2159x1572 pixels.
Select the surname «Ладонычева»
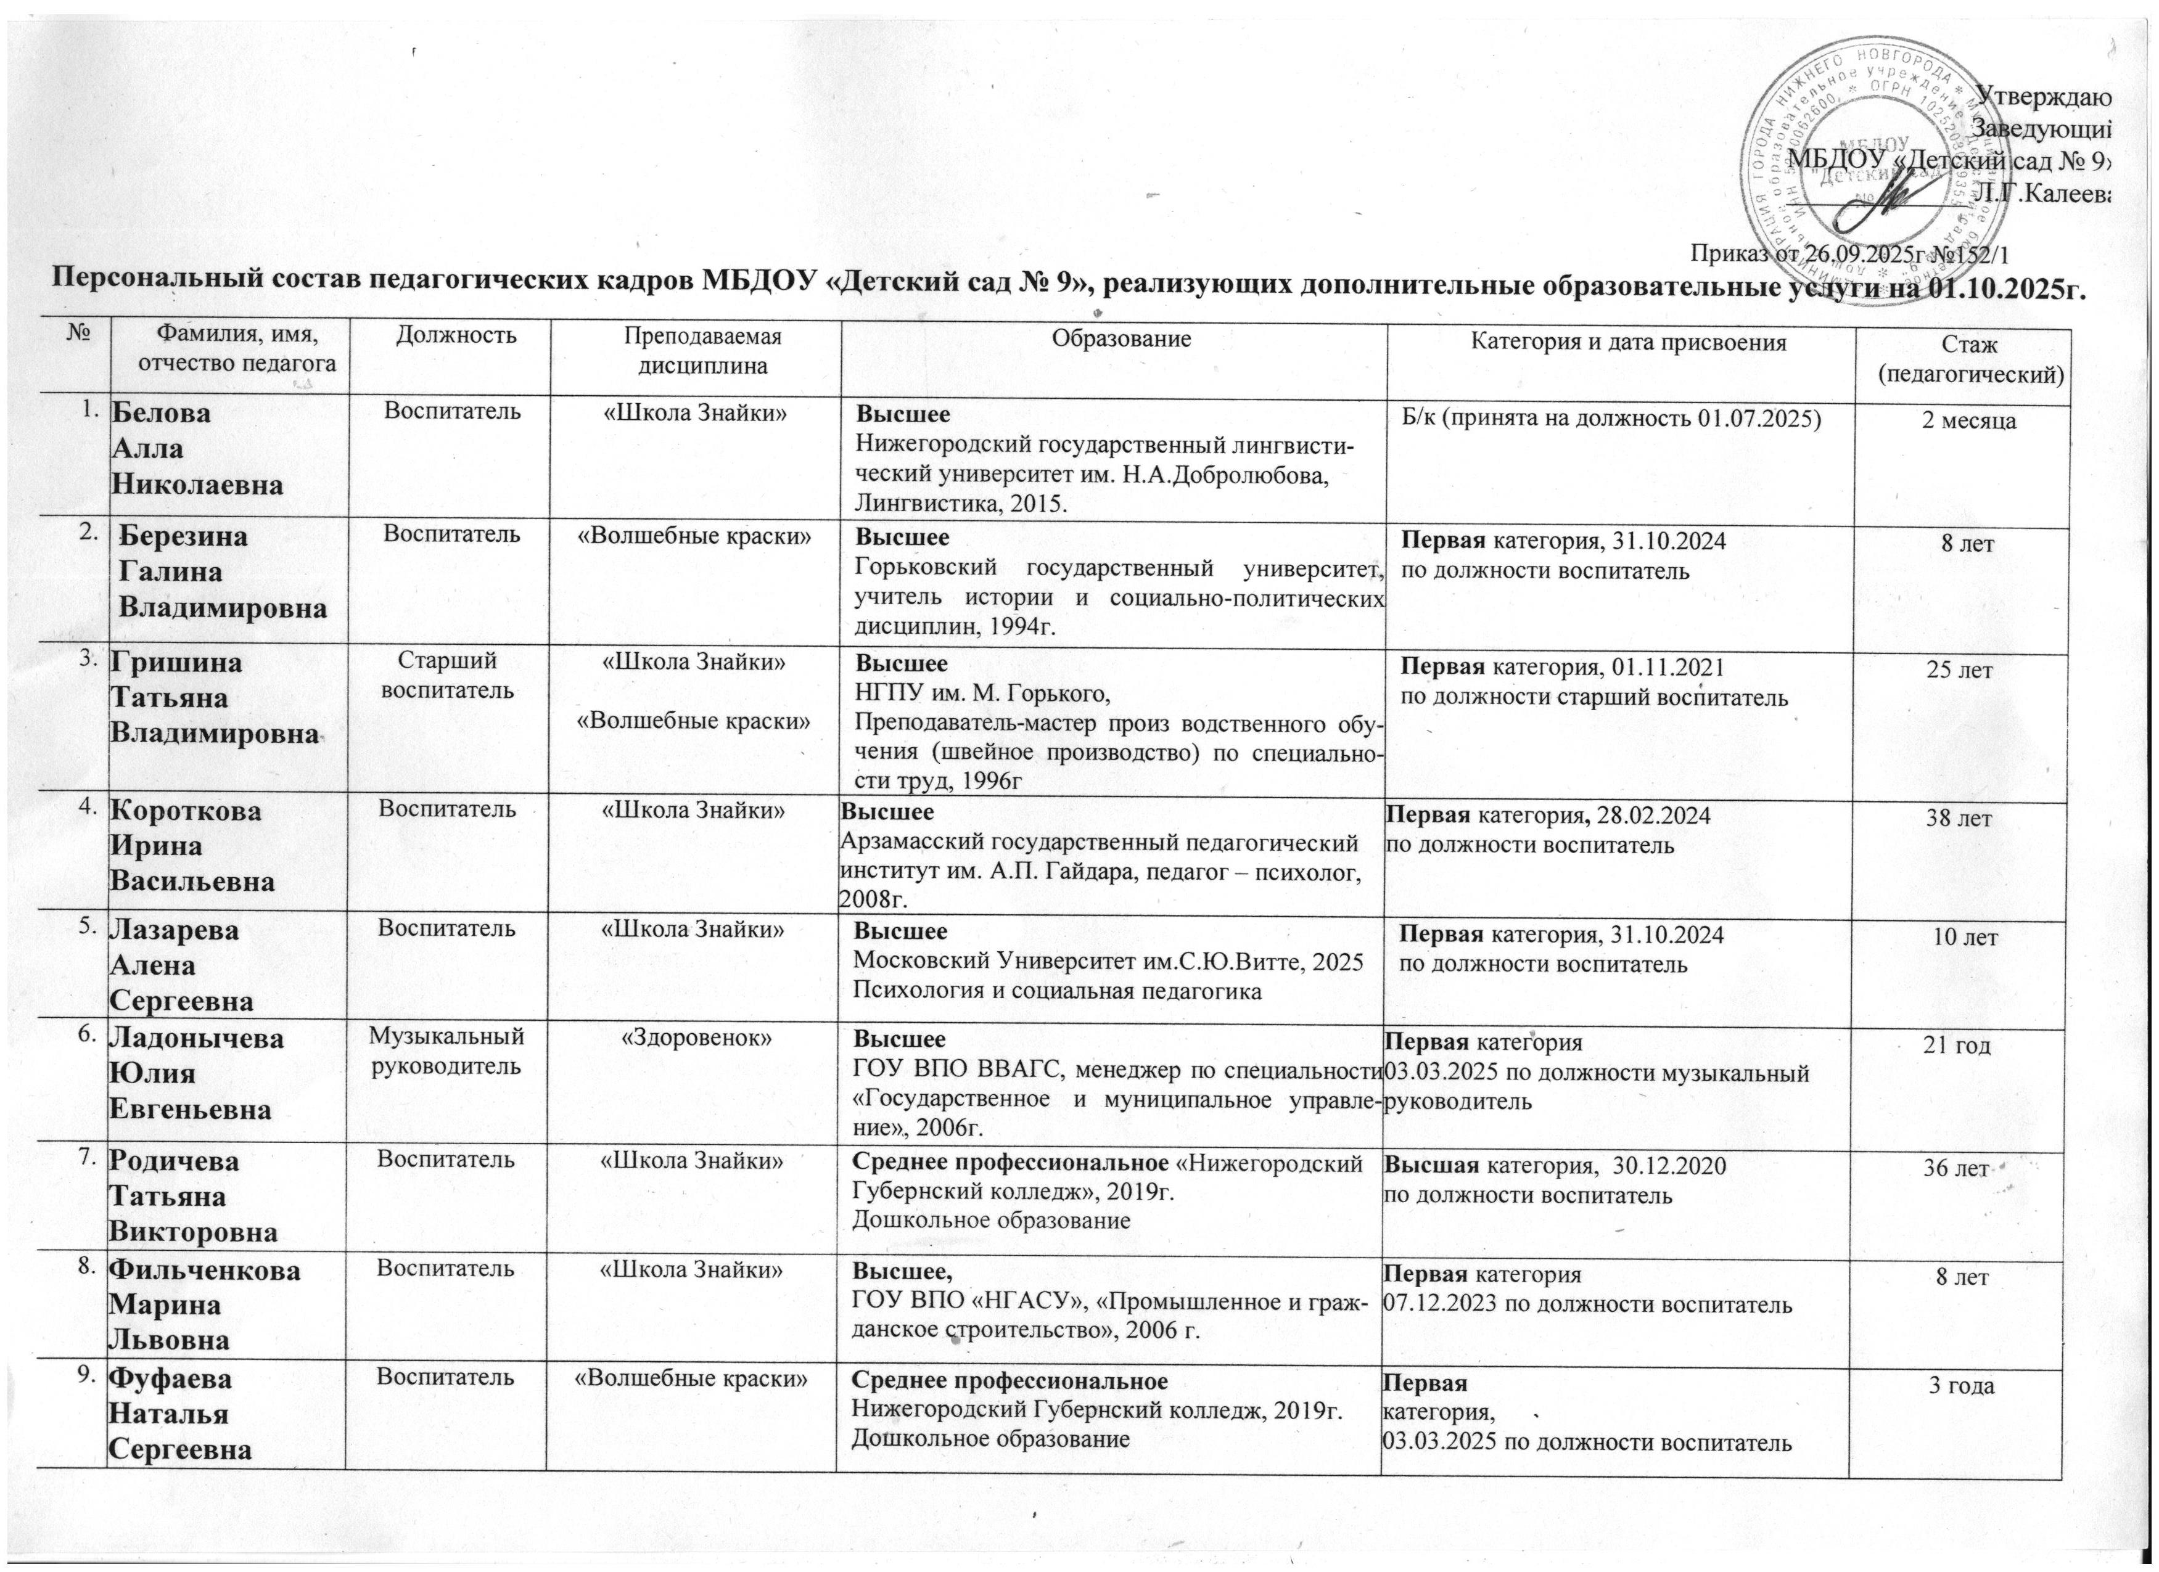tap(198, 1038)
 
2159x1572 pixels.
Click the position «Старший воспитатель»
tap(448, 674)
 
